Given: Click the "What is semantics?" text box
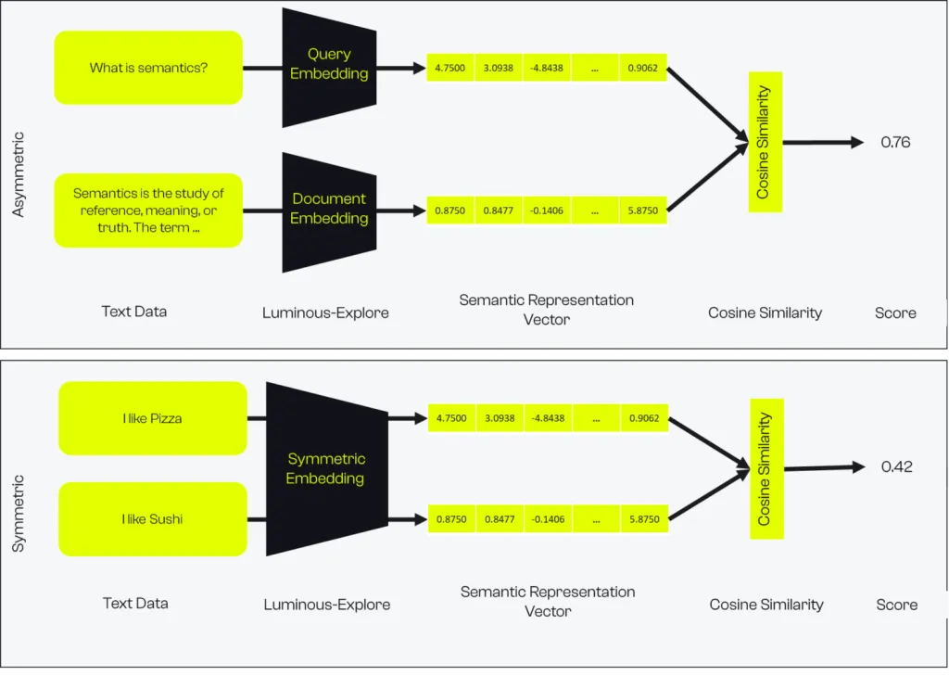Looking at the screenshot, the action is tap(148, 68).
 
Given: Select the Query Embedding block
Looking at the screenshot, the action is tap(329, 68).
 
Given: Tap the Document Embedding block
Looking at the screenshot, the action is tap(329, 212).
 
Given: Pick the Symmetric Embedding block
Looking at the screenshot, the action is tap(327, 469).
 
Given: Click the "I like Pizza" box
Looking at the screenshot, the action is tap(153, 418).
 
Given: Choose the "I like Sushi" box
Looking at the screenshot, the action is tap(153, 519).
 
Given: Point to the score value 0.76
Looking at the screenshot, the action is tap(896, 143).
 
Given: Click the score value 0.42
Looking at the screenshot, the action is tap(897, 467).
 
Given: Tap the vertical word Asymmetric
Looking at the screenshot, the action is tap(19, 174).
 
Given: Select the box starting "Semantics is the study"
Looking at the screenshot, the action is tap(148, 210).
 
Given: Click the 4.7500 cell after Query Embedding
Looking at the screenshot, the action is tap(450, 68).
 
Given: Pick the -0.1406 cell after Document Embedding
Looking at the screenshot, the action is tap(547, 210).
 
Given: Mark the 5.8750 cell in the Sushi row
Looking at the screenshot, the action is tap(644, 519).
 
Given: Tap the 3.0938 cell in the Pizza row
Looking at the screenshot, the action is tap(500, 418).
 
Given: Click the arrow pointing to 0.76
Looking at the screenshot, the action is tap(823, 143).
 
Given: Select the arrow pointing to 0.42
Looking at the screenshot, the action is tap(824, 467).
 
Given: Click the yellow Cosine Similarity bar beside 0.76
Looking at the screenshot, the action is tap(766, 143).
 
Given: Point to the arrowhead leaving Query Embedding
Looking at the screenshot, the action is tap(420, 68).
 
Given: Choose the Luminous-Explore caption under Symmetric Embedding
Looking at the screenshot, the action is tap(327, 605).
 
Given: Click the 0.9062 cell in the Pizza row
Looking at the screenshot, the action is tap(644, 418).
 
